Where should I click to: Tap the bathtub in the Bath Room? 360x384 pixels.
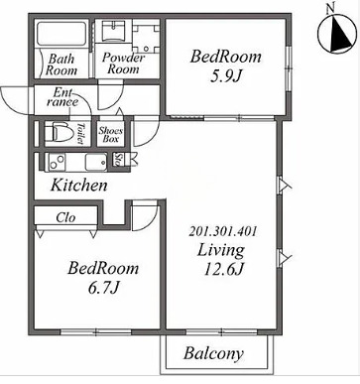click(x=60, y=34)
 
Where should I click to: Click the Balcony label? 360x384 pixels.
click(x=213, y=354)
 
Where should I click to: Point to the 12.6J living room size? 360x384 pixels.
click(x=223, y=269)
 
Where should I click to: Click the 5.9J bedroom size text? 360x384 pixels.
click(x=226, y=76)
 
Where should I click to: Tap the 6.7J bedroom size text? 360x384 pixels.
click(x=103, y=288)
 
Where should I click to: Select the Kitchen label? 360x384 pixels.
click(x=79, y=186)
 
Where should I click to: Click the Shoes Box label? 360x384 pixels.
click(x=111, y=135)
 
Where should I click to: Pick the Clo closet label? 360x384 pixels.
click(x=65, y=217)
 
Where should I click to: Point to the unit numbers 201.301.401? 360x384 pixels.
click(x=222, y=231)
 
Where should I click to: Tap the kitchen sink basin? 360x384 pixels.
click(x=96, y=162)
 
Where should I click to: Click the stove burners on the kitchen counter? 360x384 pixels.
click(x=59, y=162)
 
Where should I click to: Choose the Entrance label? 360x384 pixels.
click(x=62, y=96)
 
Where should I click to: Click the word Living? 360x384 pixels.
click(x=221, y=250)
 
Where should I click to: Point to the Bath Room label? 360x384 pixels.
click(x=61, y=64)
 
